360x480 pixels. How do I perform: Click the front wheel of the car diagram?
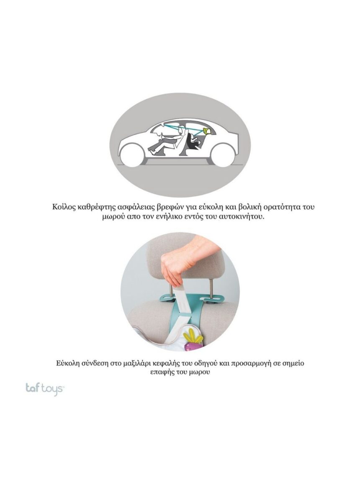[132, 155]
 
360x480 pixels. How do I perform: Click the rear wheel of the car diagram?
[223, 155]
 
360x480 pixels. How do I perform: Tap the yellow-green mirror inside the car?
[208, 131]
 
